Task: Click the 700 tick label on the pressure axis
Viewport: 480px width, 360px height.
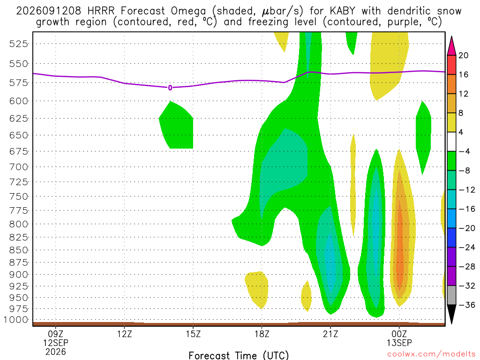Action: point(19,167)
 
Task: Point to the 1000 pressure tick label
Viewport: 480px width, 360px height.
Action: point(16,320)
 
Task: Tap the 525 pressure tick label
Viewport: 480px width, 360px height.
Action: point(19,44)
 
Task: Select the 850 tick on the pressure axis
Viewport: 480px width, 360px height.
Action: point(19,250)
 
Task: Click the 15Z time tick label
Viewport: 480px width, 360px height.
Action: point(193,333)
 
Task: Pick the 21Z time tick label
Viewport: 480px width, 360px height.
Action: point(330,333)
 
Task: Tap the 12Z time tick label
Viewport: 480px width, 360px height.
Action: point(124,333)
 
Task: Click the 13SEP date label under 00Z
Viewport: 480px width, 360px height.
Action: point(399,343)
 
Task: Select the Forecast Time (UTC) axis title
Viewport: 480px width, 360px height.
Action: point(239,355)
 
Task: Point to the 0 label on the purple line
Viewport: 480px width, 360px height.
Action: point(170,88)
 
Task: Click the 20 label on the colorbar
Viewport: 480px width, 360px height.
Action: point(463,55)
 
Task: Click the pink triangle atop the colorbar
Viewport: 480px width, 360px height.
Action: point(451,46)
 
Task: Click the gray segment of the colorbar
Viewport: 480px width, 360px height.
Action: point(451,295)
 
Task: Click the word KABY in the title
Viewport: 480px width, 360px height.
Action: point(343,11)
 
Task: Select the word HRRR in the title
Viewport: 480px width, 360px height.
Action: point(101,11)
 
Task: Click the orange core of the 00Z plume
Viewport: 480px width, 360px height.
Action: point(399,245)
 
